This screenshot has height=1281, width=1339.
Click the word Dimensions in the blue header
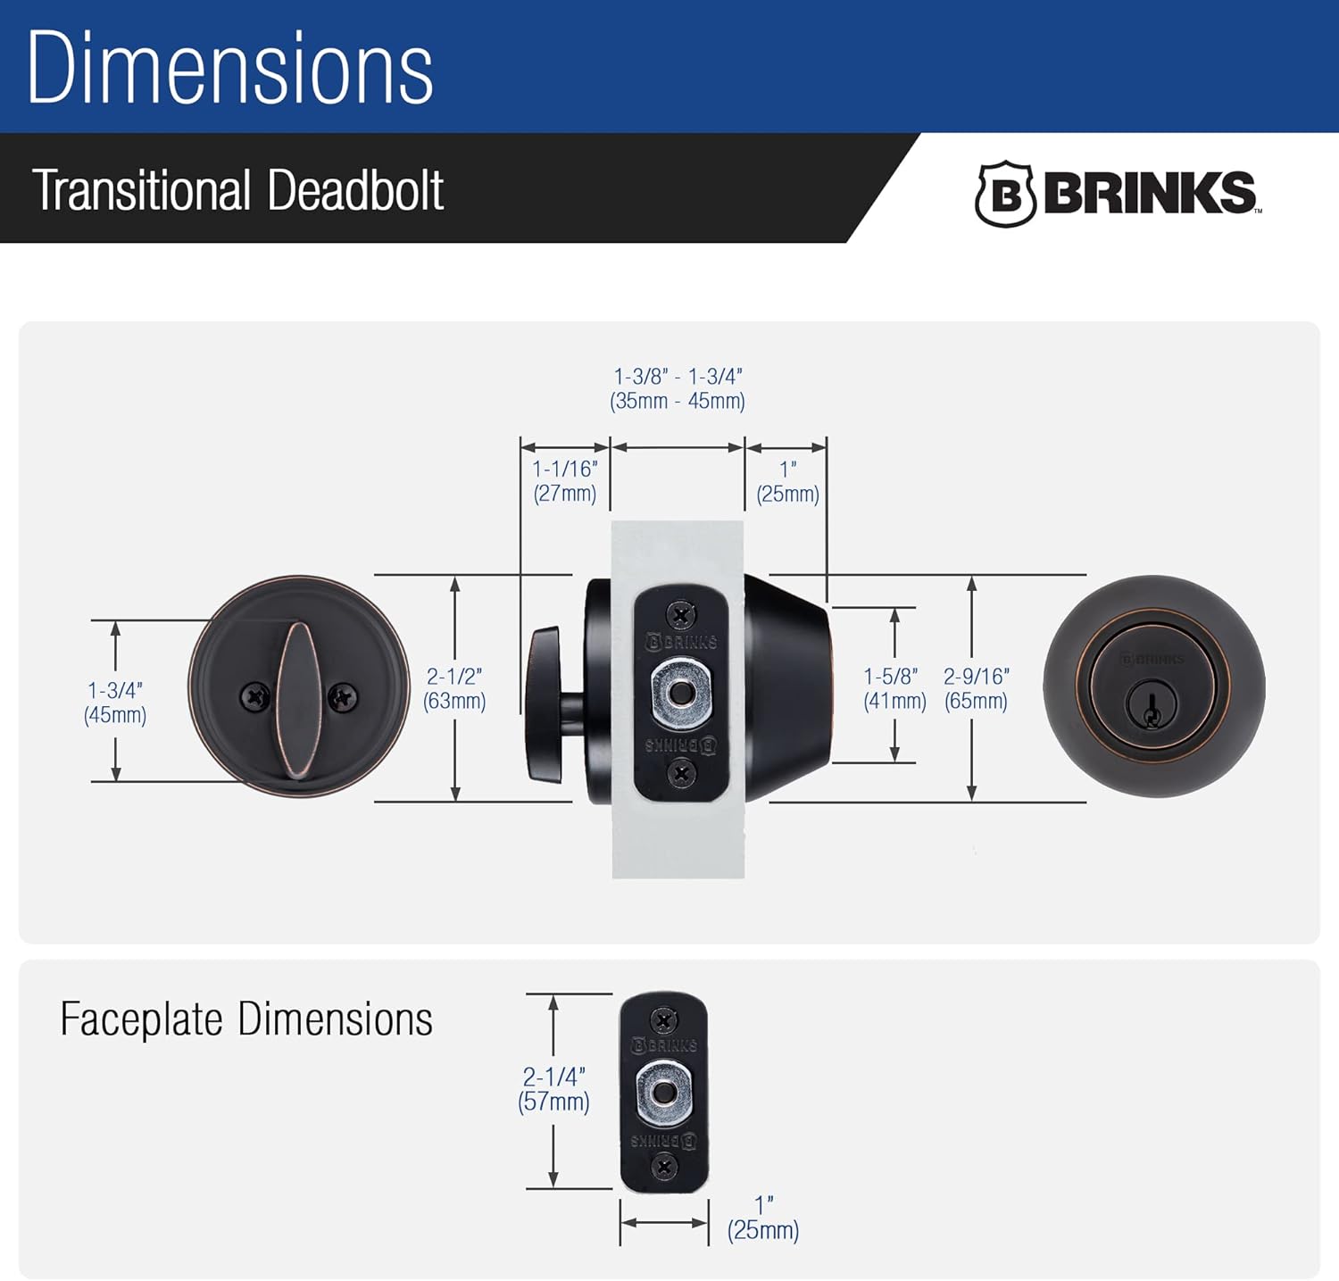(230, 68)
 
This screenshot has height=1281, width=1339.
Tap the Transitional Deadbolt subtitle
(238, 190)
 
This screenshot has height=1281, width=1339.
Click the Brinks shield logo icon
(1005, 194)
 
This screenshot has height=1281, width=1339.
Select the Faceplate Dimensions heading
(246, 1019)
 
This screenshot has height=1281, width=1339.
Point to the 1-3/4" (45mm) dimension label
(115, 703)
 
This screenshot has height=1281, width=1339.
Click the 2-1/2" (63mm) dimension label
(454, 688)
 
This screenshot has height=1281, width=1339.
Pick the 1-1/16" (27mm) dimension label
(565, 481)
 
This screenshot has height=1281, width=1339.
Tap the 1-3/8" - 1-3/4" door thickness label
(678, 388)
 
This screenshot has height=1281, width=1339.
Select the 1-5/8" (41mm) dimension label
(894, 688)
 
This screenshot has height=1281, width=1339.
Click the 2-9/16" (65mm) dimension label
(976, 688)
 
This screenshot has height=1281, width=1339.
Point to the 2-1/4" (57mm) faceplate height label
(553, 1089)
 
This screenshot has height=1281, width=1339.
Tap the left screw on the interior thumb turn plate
(255, 697)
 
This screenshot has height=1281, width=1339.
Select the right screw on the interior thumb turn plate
(343, 697)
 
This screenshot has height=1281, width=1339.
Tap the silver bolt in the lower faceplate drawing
(663, 1093)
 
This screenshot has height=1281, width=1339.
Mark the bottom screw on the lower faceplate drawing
(663, 1166)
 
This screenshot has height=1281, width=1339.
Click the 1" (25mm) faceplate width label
(763, 1218)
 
